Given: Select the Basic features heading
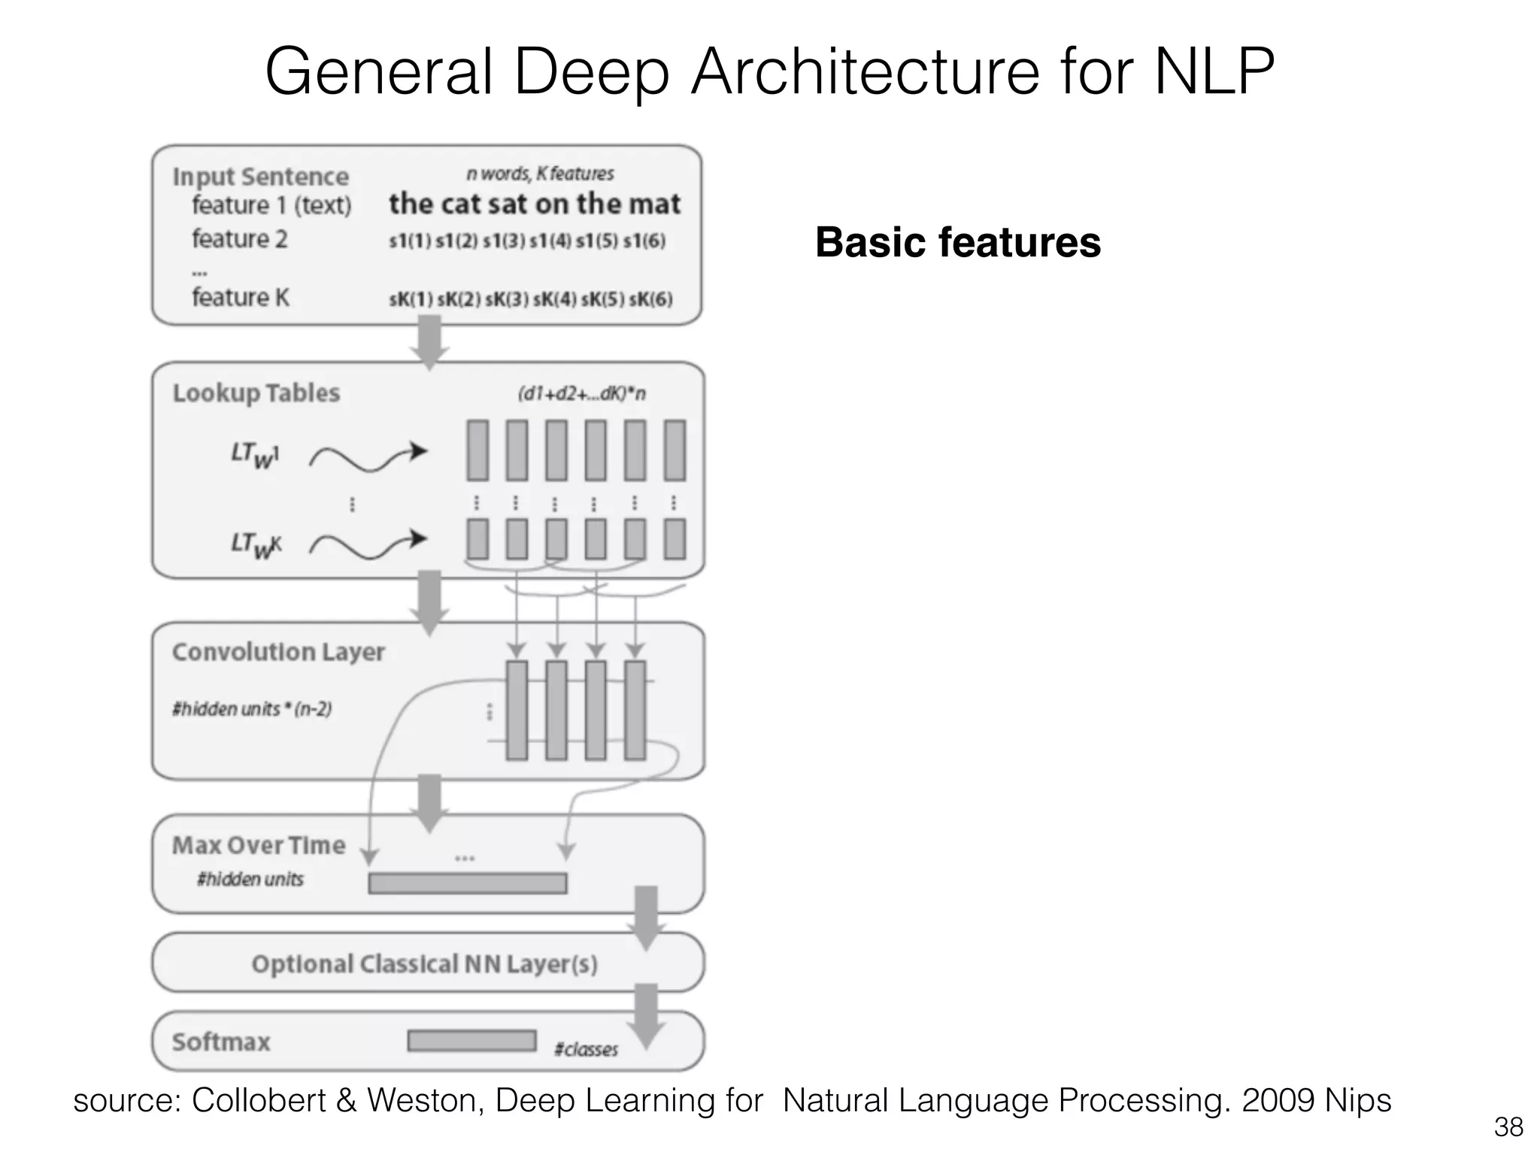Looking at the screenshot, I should (x=957, y=243).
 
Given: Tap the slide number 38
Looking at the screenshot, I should (x=1508, y=1127).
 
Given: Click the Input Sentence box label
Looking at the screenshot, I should (x=260, y=177).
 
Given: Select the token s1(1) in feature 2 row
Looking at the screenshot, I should (x=409, y=241).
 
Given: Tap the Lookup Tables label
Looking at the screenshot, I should (x=256, y=393).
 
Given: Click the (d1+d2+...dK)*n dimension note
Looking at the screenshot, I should (x=581, y=394).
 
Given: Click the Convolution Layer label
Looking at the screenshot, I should (x=277, y=652).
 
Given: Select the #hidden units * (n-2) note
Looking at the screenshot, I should (x=251, y=709).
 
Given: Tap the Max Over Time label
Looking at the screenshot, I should (x=258, y=845).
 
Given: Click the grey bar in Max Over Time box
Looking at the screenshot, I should (x=467, y=883).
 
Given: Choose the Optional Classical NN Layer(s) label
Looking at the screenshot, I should (x=424, y=964).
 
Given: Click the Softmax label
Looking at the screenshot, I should (x=220, y=1042).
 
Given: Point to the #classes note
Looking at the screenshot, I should (x=586, y=1050).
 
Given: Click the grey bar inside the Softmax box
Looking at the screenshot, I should (x=471, y=1041).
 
